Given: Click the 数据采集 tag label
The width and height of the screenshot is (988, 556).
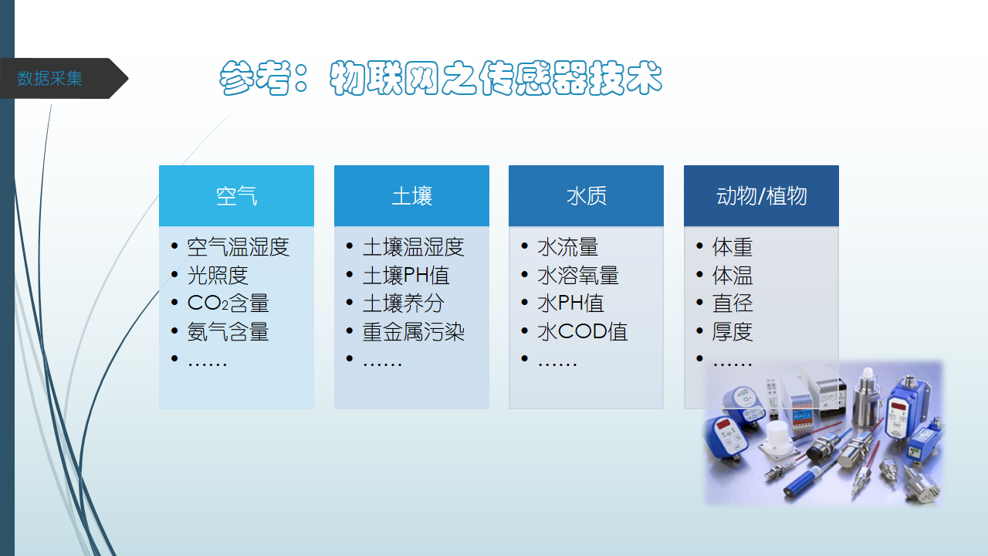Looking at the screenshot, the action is coord(49,79).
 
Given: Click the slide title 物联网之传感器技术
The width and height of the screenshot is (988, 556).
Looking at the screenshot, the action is coord(496,78).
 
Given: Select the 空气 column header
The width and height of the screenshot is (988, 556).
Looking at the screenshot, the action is coord(236,196).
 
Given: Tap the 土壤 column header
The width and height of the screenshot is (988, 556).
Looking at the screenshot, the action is coord(411,196).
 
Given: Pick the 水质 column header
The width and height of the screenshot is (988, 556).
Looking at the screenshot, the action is coord(586,196).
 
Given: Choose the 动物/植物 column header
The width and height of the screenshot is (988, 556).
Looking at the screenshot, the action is coord(761,196).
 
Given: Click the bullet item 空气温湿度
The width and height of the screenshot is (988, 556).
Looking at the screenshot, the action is coord(239,247).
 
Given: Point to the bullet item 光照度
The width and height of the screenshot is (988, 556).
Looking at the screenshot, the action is coord(218,276).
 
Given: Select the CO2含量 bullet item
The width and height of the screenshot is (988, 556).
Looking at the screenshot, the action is coord(228,303).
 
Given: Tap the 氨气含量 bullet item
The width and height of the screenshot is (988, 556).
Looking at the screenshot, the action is coord(228,332).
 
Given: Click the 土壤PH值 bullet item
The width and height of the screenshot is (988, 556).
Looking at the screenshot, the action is coord(406,276).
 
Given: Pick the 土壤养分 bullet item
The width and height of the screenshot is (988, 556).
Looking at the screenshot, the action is coord(403,303).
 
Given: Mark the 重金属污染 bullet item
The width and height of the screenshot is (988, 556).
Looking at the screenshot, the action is coord(413,332).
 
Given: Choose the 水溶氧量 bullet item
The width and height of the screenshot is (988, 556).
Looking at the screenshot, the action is coord(578,276).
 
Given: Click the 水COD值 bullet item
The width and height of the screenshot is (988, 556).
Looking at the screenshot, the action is coord(582,332).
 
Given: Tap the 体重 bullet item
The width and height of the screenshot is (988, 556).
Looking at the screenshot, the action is coord(733,247).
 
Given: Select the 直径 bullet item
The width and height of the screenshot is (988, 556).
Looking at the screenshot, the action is coord(733,303).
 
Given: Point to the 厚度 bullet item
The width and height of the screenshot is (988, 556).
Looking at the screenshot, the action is coord(733,332).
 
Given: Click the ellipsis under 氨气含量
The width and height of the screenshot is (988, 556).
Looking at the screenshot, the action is coord(208,364).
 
